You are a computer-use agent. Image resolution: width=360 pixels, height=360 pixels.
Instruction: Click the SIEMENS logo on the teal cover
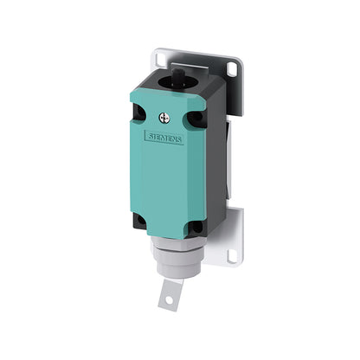pyautogui.click(x=164, y=138)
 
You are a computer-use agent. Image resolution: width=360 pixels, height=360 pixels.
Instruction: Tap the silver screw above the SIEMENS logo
pyautogui.click(x=164, y=118)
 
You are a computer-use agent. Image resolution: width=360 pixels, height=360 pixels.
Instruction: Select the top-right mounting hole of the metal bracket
pyautogui.click(x=231, y=69)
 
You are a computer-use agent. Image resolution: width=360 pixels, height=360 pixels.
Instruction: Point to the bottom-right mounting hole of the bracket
pyautogui.click(x=231, y=255)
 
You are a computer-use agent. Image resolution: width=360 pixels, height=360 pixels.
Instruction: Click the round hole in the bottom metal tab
pyautogui.click(x=170, y=300)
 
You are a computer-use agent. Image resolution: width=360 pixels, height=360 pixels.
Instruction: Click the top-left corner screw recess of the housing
pyautogui.click(x=138, y=112)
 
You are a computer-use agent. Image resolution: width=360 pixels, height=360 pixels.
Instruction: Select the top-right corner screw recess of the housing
pyautogui.click(x=196, y=117)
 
